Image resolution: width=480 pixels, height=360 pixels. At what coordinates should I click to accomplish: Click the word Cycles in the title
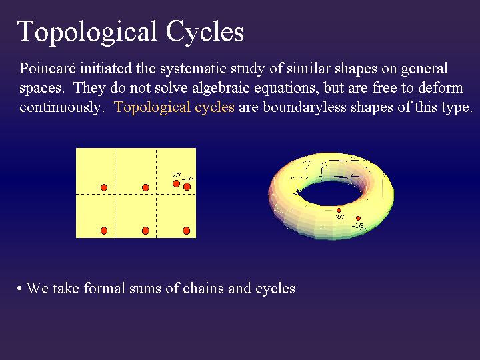click(x=205, y=32)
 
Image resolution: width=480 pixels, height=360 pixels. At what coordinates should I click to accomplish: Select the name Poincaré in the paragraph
click(x=47, y=68)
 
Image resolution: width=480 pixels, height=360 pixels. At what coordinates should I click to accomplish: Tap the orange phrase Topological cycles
click(x=174, y=107)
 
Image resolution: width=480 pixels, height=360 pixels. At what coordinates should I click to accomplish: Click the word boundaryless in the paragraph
click(x=305, y=107)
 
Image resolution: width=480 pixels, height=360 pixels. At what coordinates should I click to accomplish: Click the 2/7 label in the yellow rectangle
click(x=177, y=175)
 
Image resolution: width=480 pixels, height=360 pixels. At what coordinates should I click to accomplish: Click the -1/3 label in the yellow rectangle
click(x=187, y=179)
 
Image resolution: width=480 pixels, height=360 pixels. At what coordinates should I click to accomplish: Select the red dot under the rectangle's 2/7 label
click(x=176, y=184)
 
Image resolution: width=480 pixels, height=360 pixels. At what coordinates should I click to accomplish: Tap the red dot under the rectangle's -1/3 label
click(x=187, y=187)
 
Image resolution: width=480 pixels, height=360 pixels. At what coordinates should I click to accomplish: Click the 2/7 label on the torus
click(x=340, y=217)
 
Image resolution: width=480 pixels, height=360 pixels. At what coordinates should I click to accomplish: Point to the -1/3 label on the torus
click(x=357, y=226)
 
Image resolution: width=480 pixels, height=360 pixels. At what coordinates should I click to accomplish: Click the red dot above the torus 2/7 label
click(x=339, y=210)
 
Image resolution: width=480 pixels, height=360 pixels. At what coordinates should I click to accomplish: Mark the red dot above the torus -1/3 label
click(x=358, y=218)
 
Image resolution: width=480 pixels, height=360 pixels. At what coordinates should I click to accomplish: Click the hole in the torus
click(x=330, y=193)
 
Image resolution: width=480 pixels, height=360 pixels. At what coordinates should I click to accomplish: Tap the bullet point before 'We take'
click(x=19, y=289)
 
